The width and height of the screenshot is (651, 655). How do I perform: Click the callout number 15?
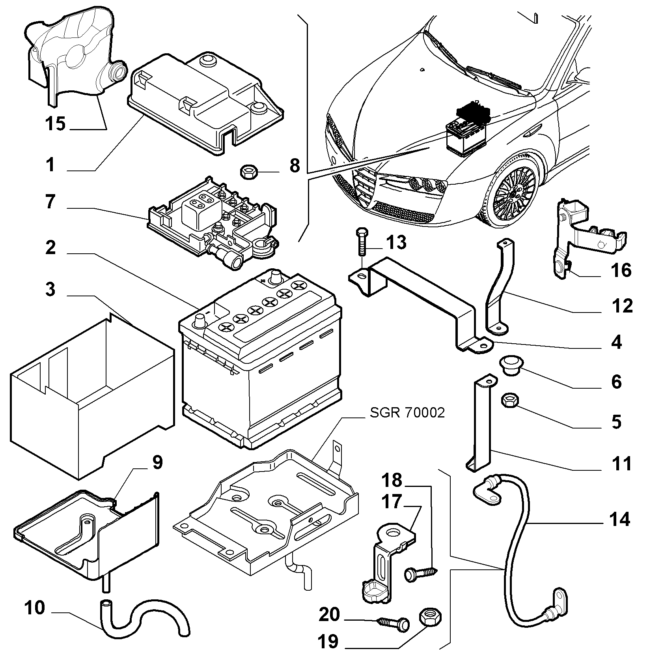[55, 124]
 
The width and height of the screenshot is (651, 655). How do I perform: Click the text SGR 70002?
[407, 413]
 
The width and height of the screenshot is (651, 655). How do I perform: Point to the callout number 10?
[35, 608]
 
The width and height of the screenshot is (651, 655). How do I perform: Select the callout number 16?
[621, 271]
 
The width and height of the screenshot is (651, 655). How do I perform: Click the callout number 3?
[50, 289]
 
